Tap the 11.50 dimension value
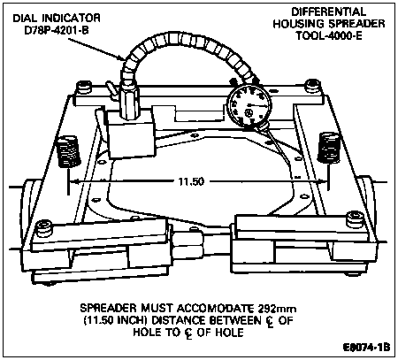pyautogui.click(x=191, y=181)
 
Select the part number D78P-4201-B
pyautogui.click(x=57, y=31)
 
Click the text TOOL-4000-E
pyautogui.click(x=329, y=35)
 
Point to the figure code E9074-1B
pyautogui.click(x=366, y=347)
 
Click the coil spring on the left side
pyautogui.click(x=68, y=151)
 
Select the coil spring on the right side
pyautogui.click(x=329, y=148)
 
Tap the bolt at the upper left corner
pyautogui.click(x=84, y=88)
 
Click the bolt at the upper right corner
pyautogui.click(x=312, y=86)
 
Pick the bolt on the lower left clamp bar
pyautogui.click(x=44, y=228)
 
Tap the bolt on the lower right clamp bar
pyautogui.click(x=355, y=219)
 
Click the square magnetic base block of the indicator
pyautogui.click(x=131, y=134)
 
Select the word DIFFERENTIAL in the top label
pyautogui.click(x=329, y=11)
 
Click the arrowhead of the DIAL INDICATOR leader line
pyautogui.click(x=123, y=59)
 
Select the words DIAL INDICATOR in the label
pyautogui.click(x=57, y=19)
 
